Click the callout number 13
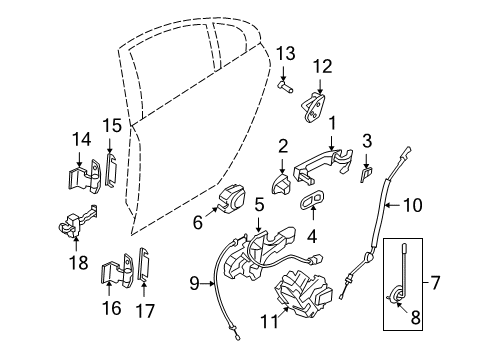pyautogui.click(x=284, y=52)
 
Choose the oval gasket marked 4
pyautogui.click(x=314, y=202)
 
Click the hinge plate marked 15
pyautogui.click(x=111, y=171)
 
